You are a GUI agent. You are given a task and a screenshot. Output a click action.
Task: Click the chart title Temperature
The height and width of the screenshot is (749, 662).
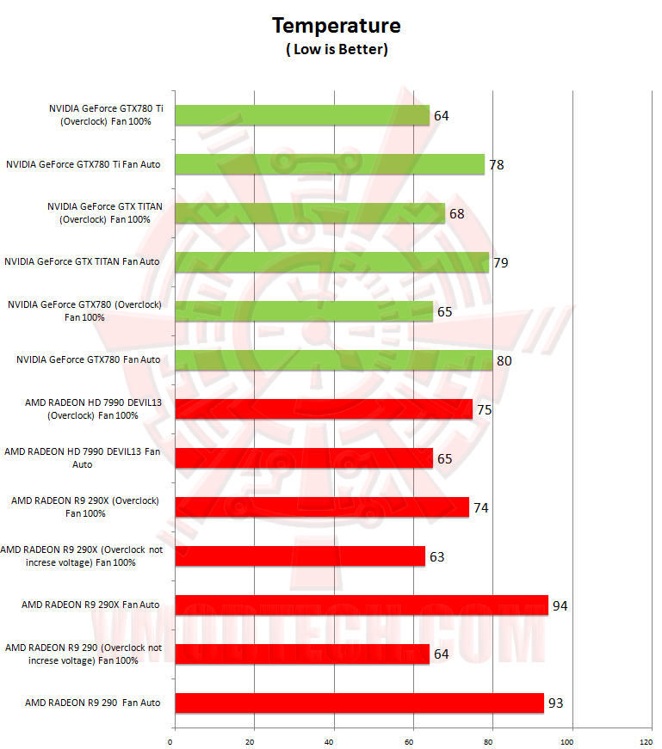[x=337, y=26]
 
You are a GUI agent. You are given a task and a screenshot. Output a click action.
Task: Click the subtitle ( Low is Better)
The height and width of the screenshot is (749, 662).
[x=337, y=50]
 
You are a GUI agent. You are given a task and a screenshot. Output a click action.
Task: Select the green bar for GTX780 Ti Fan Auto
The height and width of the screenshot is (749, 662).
[x=330, y=164]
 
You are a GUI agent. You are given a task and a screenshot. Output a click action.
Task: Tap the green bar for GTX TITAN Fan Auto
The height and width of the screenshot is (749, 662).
[x=331, y=262]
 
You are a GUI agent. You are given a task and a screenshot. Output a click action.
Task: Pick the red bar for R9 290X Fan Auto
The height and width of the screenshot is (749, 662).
[x=362, y=605]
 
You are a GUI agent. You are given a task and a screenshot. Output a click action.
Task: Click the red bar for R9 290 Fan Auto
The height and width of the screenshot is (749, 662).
[x=359, y=703]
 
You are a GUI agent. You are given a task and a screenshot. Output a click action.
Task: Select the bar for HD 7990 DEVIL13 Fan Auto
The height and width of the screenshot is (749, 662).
[x=304, y=458]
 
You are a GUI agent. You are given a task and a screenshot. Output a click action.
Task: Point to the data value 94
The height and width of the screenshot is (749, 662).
[x=560, y=606]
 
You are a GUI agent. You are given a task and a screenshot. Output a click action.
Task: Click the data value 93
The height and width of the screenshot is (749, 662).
[x=555, y=704]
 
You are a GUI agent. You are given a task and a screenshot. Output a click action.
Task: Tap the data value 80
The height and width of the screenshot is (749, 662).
[x=504, y=361]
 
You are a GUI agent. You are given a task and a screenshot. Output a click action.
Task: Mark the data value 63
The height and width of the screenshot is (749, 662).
[x=436, y=557]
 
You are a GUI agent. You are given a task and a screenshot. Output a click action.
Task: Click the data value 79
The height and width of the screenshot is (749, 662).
[x=500, y=263]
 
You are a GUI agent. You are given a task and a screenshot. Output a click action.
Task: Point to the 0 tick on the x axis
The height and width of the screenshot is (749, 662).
[x=171, y=740]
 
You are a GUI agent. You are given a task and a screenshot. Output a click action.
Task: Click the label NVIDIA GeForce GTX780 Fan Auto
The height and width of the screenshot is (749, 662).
[x=88, y=359]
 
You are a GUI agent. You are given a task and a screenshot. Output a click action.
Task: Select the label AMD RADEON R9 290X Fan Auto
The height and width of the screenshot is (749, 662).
[x=90, y=605]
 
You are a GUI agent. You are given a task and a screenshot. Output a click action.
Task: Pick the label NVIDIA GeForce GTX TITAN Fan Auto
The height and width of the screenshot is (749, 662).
[x=82, y=261]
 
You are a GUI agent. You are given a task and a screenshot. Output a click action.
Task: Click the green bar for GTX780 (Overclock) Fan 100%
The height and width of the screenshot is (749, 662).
[x=304, y=311]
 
